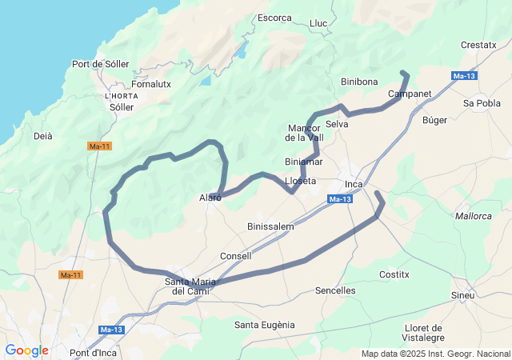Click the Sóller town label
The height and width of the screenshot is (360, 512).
122,106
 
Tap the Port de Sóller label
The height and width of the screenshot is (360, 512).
100,64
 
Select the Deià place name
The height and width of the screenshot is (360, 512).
42,136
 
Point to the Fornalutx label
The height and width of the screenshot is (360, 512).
151,83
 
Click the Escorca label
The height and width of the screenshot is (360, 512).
274,18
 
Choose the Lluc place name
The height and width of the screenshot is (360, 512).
318,23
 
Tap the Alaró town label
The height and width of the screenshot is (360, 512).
210,198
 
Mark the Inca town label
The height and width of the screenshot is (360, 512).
353,184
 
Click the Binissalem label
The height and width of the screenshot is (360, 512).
270,226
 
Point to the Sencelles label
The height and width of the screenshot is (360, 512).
335,290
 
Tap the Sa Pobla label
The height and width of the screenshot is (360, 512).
482,103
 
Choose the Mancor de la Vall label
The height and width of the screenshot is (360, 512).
304,132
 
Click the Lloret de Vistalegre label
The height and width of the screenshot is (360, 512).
424,333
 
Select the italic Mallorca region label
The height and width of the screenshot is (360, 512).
473,216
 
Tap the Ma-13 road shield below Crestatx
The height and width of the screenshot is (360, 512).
464,76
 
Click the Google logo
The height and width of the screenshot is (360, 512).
26,350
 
